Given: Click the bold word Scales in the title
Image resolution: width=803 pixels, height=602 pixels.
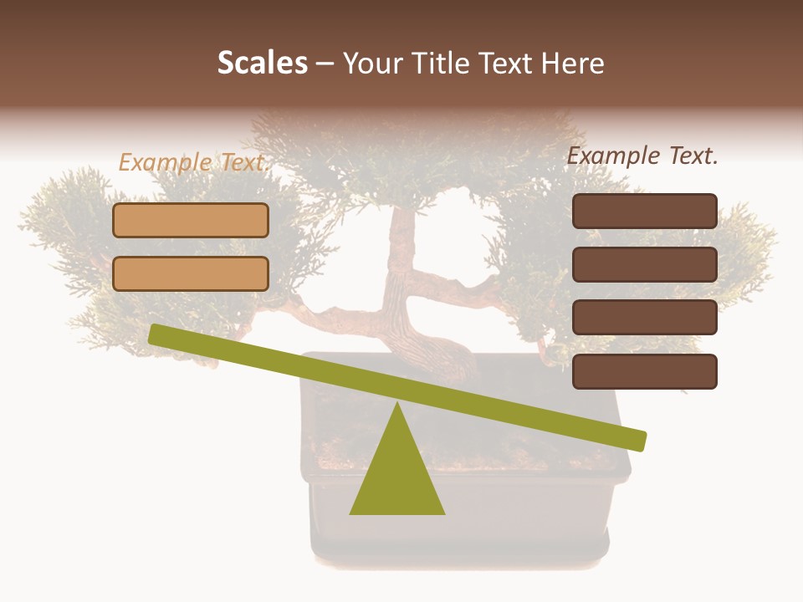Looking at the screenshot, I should pyautogui.click(x=262, y=63).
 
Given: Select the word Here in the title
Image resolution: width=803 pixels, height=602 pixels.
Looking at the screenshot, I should pyautogui.click(x=574, y=63).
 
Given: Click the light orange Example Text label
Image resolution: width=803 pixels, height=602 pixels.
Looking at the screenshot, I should pyautogui.click(x=192, y=162).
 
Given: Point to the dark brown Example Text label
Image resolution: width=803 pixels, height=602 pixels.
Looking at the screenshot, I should pyautogui.click(x=642, y=156).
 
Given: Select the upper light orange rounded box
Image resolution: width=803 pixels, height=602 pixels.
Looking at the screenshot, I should pyautogui.click(x=191, y=221).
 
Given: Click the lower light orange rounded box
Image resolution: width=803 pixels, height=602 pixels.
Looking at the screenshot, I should pyautogui.click(x=191, y=273).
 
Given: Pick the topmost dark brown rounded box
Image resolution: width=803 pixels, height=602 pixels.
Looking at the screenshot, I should pyautogui.click(x=644, y=211).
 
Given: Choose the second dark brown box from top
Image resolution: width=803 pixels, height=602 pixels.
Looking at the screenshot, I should pyautogui.click(x=644, y=264).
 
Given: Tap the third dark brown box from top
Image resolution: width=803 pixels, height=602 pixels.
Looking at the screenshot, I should pyautogui.click(x=644, y=318).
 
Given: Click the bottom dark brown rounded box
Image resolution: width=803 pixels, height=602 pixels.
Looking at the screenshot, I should pyautogui.click(x=644, y=371).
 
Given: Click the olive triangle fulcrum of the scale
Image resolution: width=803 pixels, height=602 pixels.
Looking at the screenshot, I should pyautogui.click(x=396, y=472).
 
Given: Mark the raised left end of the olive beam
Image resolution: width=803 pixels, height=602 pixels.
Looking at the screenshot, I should pyautogui.click(x=157, y=334).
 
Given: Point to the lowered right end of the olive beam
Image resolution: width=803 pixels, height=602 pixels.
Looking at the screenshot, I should pyautogui.click(x=637, y=440).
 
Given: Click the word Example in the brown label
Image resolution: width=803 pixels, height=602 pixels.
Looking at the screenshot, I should pyautogui.click(x=613, y=156).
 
